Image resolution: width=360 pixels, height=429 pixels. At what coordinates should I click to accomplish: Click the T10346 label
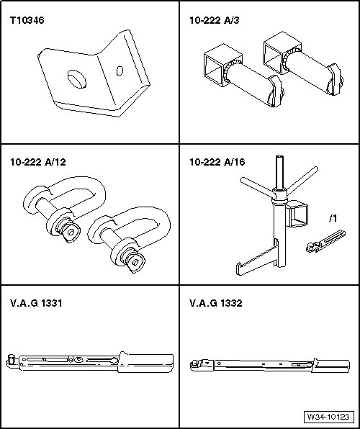(27, 21)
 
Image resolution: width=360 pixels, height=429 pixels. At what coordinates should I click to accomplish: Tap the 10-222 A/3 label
(215, 21)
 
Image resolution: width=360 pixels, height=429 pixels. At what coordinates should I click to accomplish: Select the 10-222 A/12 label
(38, 162)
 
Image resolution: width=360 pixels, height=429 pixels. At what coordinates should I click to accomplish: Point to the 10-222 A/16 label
(217, 162)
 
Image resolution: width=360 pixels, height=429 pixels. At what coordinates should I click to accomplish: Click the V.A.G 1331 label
(36, 303)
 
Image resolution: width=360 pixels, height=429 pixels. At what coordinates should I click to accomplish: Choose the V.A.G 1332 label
(216, 303)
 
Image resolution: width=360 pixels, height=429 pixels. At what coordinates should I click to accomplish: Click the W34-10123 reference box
(328, 417)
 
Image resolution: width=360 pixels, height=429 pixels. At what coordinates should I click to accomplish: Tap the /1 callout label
(333, 218)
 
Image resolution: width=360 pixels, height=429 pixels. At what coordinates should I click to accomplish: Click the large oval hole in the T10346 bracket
(77, 79)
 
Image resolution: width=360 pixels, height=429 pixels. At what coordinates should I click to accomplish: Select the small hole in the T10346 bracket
(120, 71)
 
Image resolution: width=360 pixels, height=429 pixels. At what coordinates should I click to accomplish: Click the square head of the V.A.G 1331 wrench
(12, 358)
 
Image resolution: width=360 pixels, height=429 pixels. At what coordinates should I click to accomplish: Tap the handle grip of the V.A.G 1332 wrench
(331, 366)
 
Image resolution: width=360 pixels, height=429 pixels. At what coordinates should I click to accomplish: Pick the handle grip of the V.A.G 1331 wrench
(146, 362)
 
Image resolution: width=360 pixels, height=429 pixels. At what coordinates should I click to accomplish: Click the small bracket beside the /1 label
(325, 241)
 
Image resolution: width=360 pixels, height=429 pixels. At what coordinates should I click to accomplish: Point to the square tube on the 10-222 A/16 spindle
(297, 214)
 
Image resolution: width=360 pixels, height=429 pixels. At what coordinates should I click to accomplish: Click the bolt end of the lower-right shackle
(134, 262)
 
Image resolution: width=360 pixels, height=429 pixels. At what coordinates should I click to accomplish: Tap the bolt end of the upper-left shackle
(70, 232)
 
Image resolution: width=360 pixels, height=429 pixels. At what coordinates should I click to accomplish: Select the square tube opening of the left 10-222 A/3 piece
(214, 70)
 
